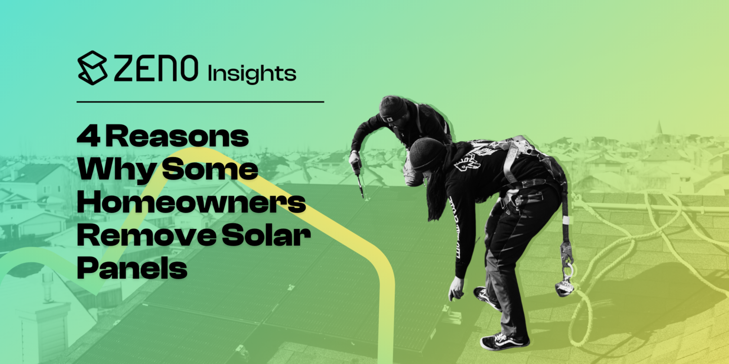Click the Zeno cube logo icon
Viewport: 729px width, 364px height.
click(93, 68)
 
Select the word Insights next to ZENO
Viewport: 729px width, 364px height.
click(252, 74)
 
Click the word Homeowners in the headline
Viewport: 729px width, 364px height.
click(191, 203)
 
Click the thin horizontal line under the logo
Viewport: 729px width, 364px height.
click(200, 102)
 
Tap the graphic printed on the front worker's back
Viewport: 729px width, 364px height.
click(468, 161)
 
